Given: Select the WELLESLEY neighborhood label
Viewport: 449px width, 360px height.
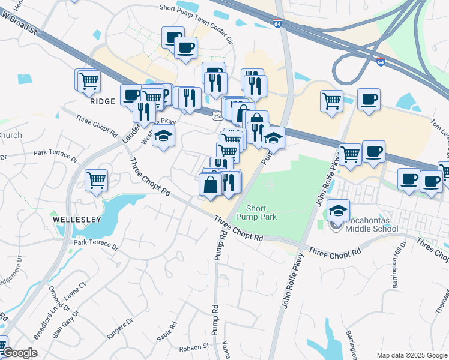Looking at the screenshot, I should pos(77,220).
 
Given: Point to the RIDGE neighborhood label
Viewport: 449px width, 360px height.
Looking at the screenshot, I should pos(102,101).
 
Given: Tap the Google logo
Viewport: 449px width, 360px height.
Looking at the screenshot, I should pos(19,352).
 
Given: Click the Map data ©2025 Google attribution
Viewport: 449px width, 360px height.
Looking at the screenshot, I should pos(411,355).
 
